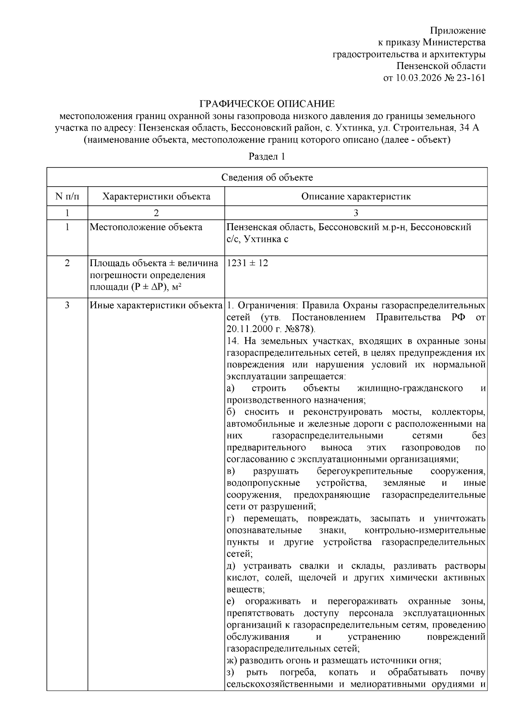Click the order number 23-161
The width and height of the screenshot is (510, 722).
(x=471, y=78)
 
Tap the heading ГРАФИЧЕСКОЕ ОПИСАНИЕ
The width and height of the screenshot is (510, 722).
(x=267, y=104)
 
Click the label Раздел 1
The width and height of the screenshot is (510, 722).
(x=267, y=156)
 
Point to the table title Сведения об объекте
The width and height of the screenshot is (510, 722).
(x=267, y=177)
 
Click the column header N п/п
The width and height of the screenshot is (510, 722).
(x=67, y=196)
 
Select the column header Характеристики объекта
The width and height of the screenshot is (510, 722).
(x=156, y=196)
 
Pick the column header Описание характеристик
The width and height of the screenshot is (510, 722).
(x=356, y=196)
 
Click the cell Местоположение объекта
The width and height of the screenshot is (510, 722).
(x=146, y=227)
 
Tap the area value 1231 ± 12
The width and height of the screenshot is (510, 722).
(x=248, y=263)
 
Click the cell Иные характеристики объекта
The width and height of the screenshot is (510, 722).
(x=156, y=306)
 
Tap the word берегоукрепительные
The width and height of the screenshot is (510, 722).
(x=364, y=471)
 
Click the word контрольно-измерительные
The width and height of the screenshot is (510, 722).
(x=425, y=530)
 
